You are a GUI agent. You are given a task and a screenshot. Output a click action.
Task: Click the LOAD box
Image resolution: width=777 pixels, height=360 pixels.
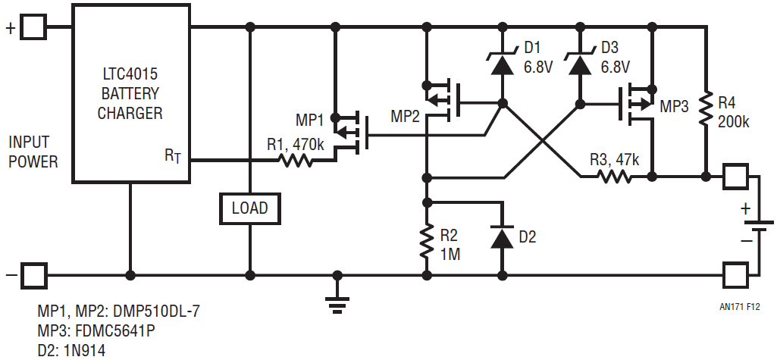(x=249, y=208)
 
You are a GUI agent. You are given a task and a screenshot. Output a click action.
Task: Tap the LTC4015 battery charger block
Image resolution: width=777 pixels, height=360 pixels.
(x=131, y=93)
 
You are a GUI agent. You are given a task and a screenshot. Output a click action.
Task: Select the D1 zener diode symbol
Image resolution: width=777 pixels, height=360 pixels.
(x=503, y=64)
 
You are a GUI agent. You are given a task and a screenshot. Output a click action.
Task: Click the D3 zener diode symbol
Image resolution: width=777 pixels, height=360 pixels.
(x=579, y=64)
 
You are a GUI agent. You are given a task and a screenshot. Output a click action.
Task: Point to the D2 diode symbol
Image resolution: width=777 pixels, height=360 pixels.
(x=503, y=236)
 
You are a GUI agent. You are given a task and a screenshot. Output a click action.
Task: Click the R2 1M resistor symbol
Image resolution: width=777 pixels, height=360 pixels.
(x=426, y=242)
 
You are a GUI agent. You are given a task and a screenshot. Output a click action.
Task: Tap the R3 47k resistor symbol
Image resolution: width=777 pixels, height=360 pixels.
(x=613, y=176)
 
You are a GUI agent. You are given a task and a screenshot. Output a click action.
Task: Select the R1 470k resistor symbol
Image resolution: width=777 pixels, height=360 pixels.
(x=295, y=160)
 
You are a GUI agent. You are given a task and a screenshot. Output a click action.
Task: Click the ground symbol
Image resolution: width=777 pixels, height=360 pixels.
(x=337, y=302)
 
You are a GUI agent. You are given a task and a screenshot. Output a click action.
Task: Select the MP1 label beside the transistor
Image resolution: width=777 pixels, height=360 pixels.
(x=309, y=120)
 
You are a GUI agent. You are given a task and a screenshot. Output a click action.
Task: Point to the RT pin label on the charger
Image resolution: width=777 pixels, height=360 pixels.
(x=174, y=155)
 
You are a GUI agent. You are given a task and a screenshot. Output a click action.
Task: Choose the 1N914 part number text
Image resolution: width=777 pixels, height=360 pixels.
(x=85, y=351)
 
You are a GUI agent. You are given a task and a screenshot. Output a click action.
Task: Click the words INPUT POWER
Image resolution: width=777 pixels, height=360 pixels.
(x=33, y=152)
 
